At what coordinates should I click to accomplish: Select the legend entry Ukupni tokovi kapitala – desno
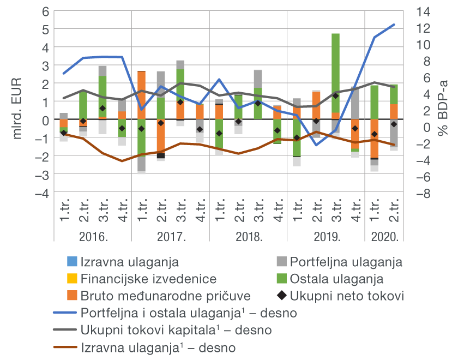176,331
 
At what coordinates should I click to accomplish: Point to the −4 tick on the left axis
42,193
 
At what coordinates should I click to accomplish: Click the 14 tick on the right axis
423,11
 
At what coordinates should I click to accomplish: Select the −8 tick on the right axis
423,193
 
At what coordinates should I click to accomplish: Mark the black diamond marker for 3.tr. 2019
335,96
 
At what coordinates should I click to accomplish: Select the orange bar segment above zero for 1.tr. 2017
141,95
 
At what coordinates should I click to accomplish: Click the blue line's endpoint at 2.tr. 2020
394,25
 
